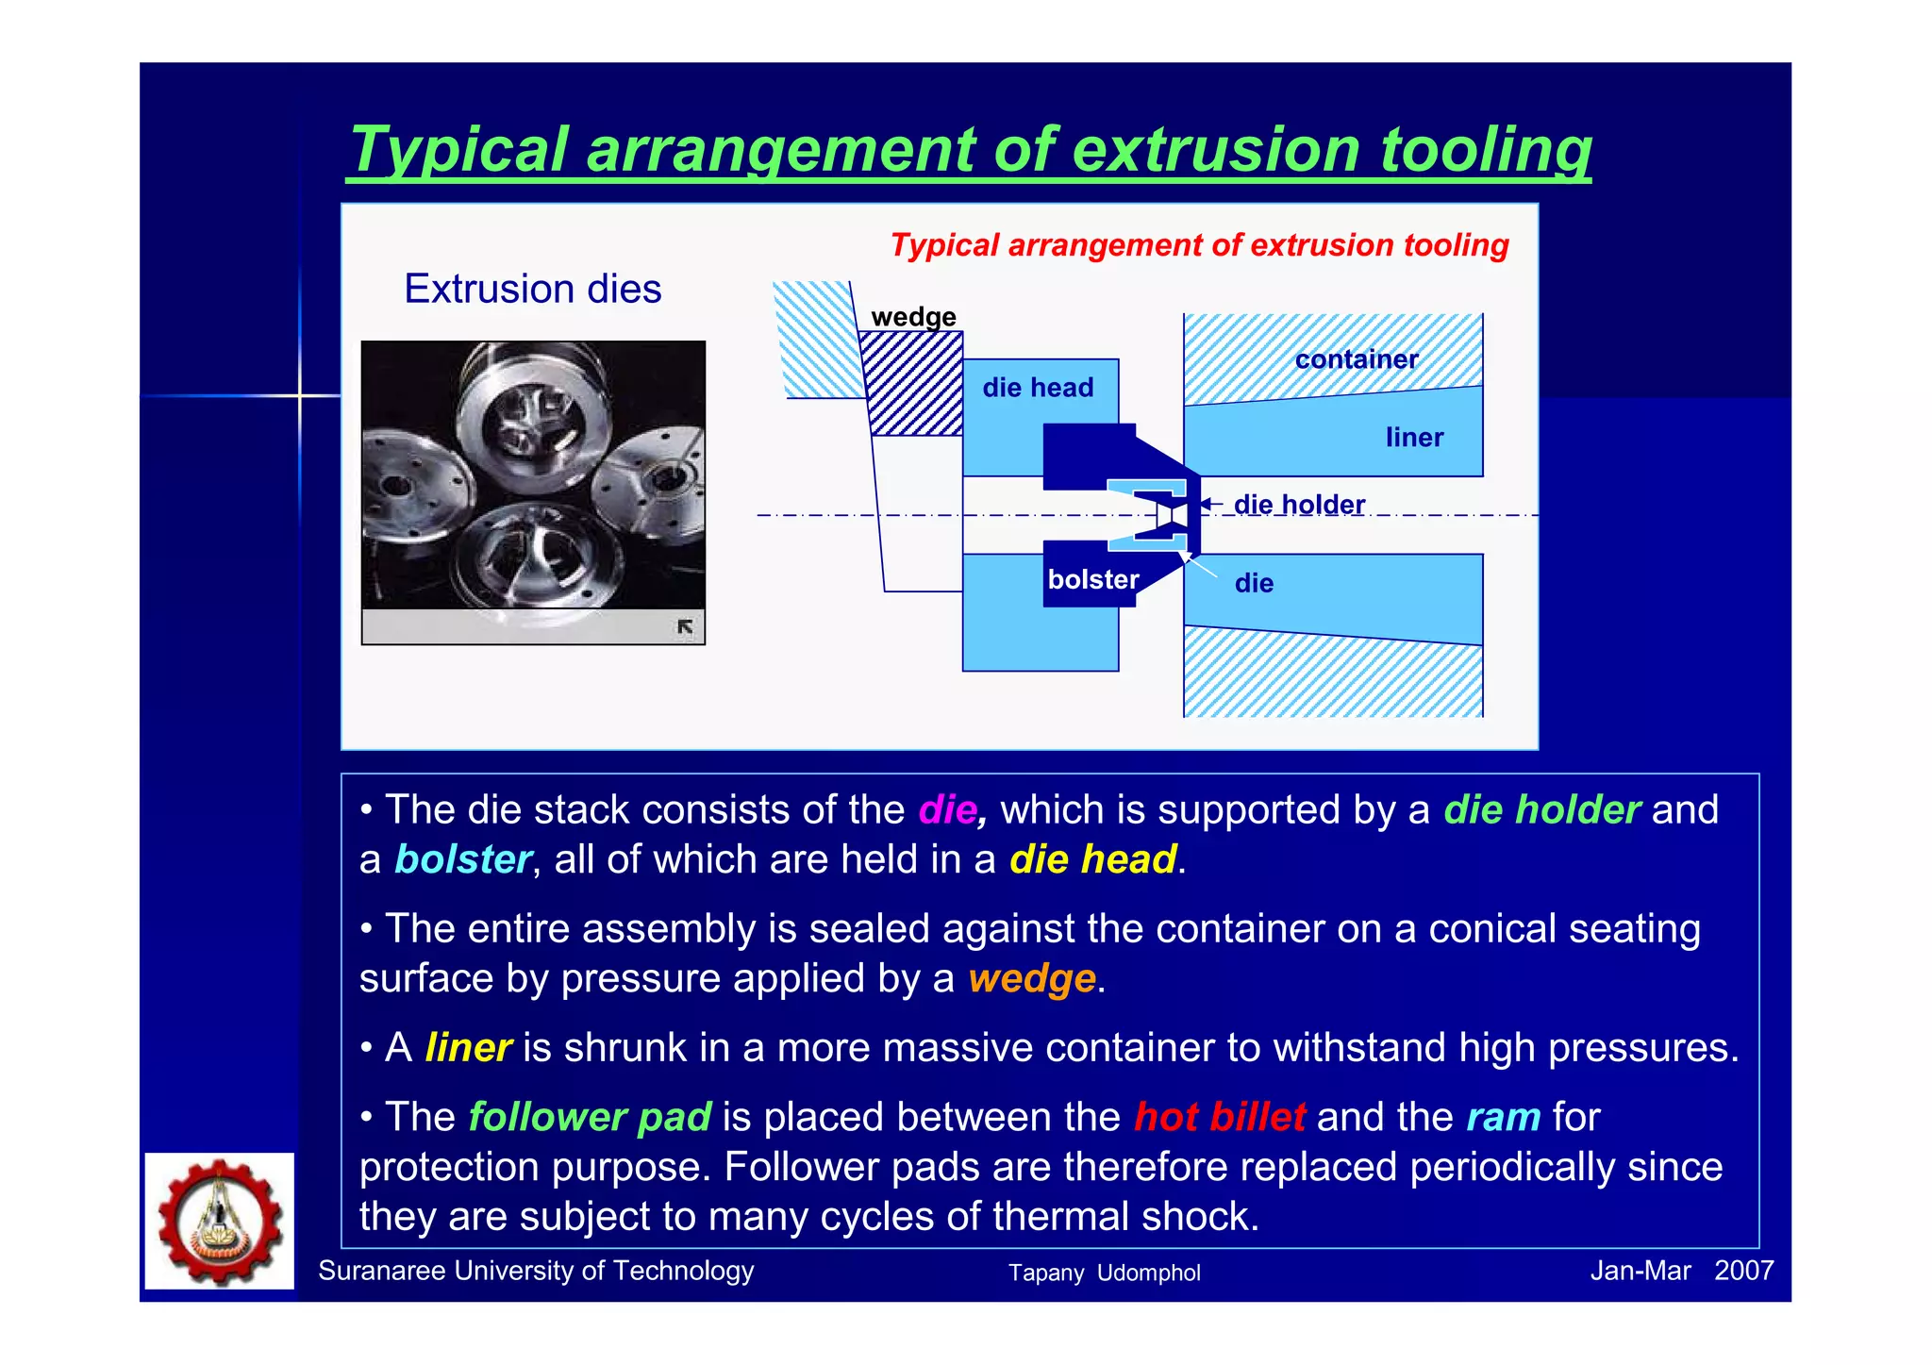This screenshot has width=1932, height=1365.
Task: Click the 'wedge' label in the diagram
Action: click(x=912, y=317)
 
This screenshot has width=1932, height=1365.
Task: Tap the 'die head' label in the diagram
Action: click(x=1037, y=388)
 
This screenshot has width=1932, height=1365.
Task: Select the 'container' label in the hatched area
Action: click(x=1356, y=359)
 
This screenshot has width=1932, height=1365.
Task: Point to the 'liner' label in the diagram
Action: click(x=1413, y=438)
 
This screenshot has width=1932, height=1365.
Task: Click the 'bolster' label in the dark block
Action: click(x=1092, y=579)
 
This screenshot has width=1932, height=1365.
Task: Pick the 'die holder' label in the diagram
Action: click(x=1298, y=505)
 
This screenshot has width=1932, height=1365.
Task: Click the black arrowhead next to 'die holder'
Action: click(x=1207, y=505)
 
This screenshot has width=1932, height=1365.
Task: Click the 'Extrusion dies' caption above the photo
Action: click(x=532, y=289)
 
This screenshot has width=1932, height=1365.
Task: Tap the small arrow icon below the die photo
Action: click(x=685, y=626)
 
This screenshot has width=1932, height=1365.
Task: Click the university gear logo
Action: click(x=220, y=1220)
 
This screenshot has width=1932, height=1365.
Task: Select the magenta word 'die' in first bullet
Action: click(x=947, y=810)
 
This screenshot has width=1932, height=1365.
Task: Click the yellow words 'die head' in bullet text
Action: click(x=1092, y=860)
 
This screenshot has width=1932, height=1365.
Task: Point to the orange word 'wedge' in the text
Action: click(x=1031, y=979)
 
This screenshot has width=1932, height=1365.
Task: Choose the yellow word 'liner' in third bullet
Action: click(x=468, y=1048)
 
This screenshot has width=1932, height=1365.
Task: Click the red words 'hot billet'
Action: click(x=1219, y=1118)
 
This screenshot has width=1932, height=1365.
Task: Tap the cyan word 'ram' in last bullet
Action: click(x=1503, y=1118)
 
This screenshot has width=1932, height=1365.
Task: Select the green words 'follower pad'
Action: click(x=590, y=1118)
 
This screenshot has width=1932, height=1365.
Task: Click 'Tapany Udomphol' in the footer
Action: click(x=1104, y=1273)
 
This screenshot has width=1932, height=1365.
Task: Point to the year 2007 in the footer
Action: click(x=1743, y=1272)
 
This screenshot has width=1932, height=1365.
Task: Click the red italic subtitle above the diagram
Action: click(x=1199, y=245)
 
